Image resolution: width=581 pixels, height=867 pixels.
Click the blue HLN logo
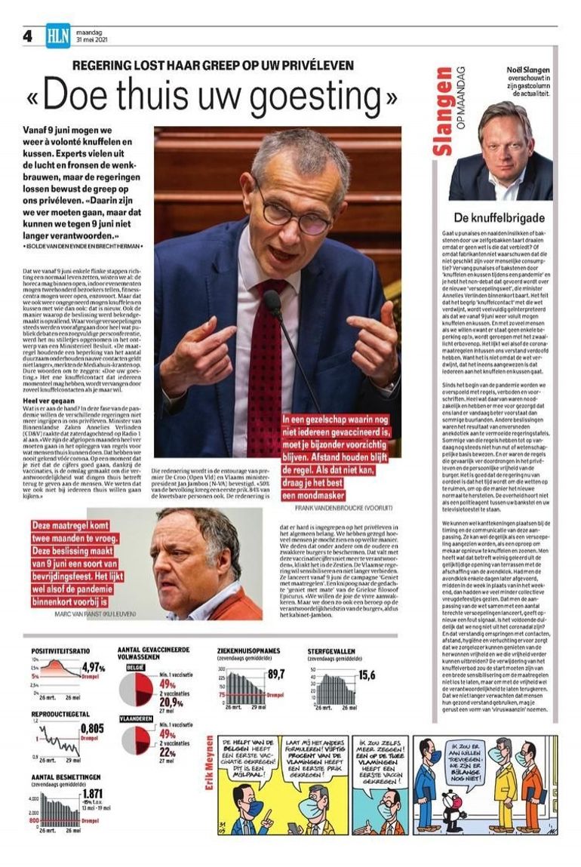click(57, 35)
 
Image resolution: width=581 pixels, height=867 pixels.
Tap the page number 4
click(28, 36)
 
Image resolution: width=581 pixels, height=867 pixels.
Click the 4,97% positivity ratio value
click(93, 667)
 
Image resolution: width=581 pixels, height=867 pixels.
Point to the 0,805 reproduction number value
click(91, 728)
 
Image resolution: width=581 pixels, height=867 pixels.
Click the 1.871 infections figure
click(92, 793)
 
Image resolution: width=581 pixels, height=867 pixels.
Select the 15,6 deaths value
click(367, 675)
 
